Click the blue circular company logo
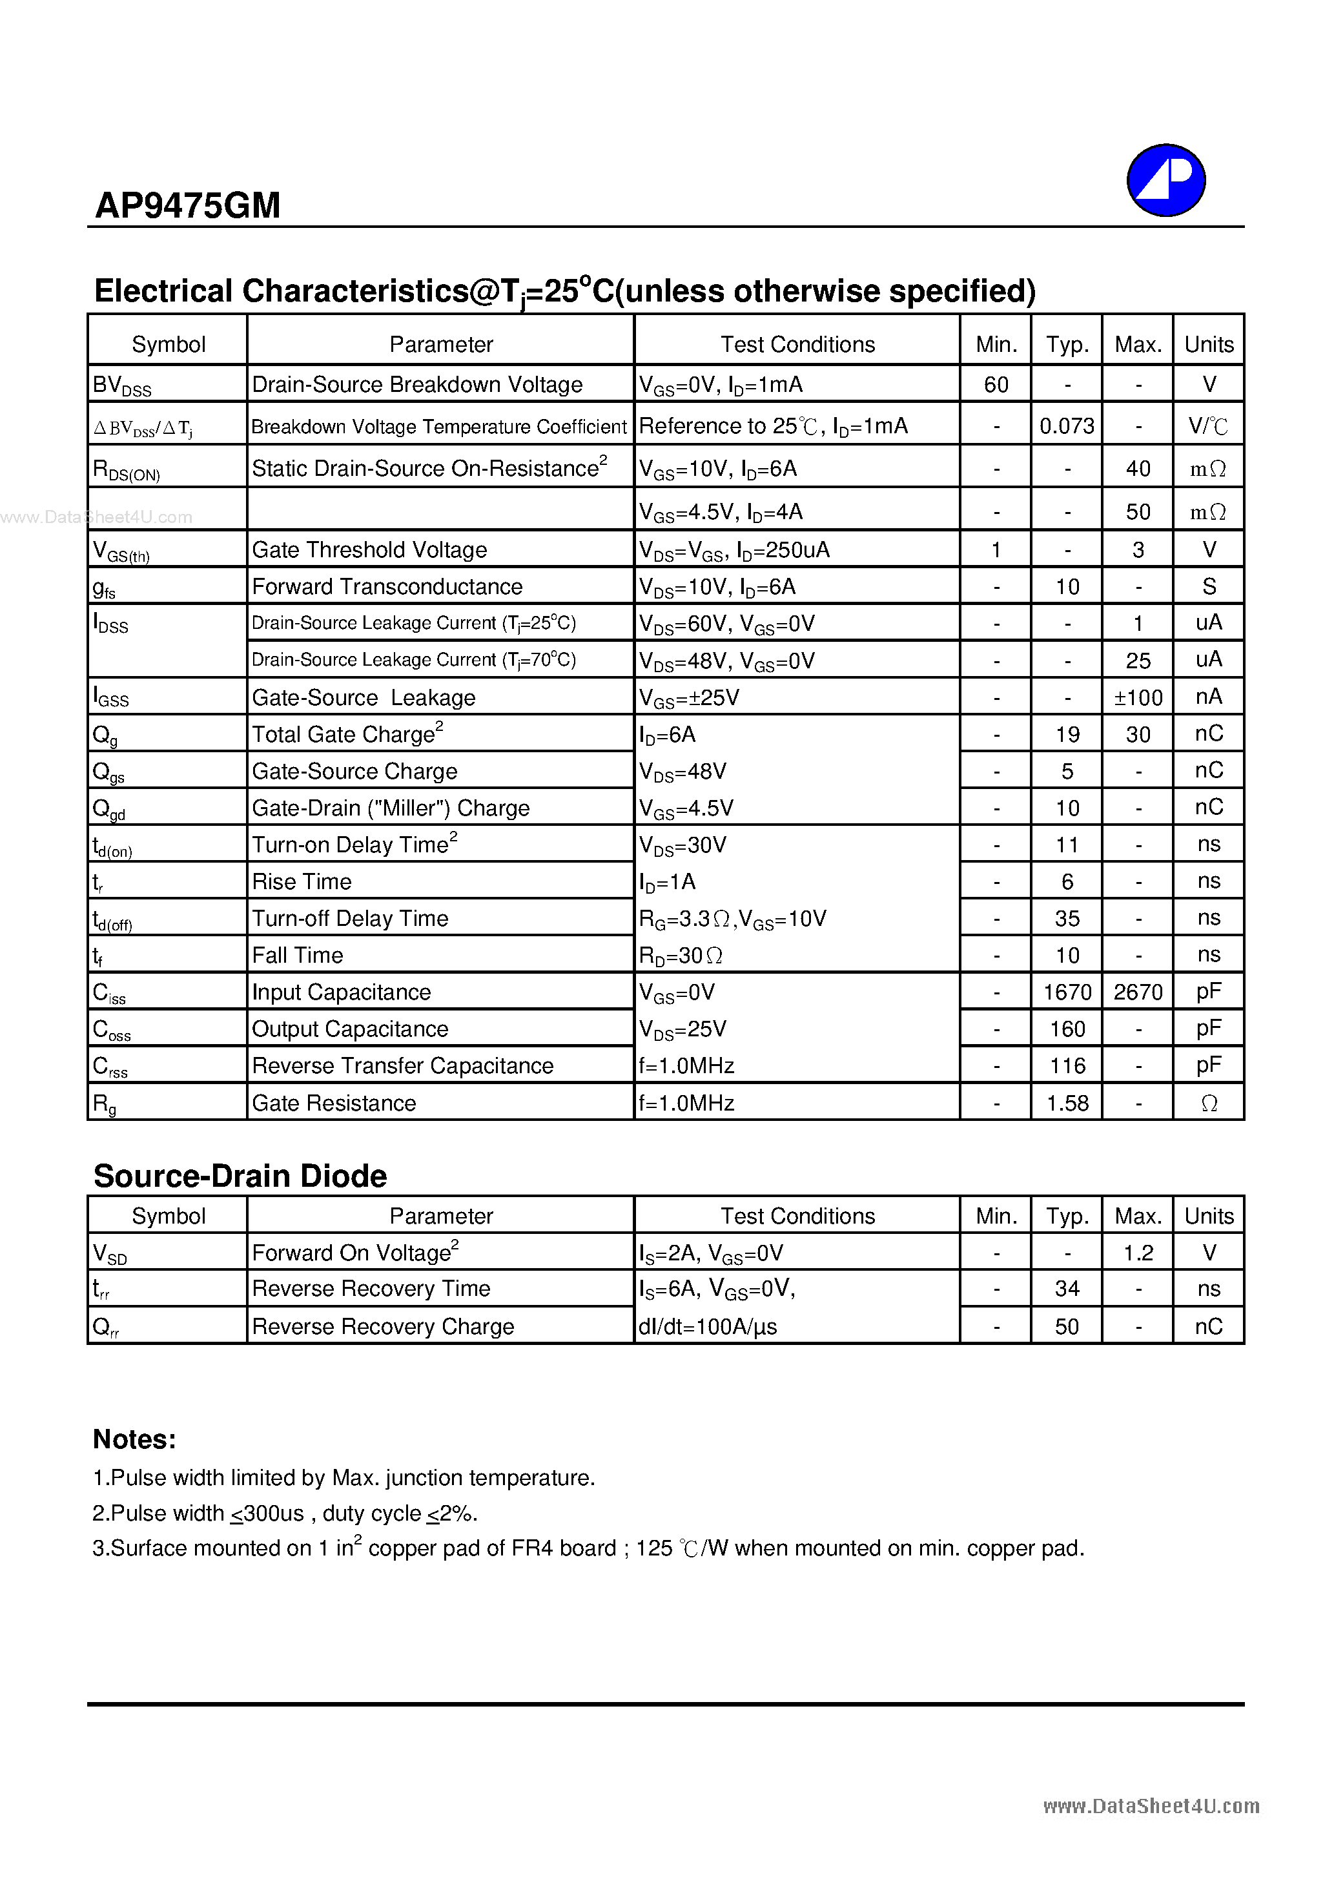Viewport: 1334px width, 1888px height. [1165, 180]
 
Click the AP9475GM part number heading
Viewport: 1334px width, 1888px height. [187, 205]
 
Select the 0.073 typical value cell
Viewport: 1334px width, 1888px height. [1067, 426]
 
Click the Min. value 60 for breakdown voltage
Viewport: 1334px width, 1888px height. [996, 385]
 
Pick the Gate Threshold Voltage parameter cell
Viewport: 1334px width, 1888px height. [369, 550]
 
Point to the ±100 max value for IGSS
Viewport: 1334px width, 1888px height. [1138, 698]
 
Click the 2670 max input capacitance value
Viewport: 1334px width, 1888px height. [1138, 992]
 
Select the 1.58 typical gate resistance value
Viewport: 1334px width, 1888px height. [1067, 1103]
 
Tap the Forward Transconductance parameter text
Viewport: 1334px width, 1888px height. [387, 587]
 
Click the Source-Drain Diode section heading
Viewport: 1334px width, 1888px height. [240, 1176]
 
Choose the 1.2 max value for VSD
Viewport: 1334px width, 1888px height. [1138, 1253]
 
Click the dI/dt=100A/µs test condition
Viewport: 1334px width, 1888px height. [707, 1326]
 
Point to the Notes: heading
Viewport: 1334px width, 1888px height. [134, 1440]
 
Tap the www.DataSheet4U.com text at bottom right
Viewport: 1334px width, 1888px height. [1151, 1806]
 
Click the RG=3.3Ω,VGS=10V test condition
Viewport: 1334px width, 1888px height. [732, 919]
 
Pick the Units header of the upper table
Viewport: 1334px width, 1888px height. [1208, 345]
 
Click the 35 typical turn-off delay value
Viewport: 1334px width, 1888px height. [1067, 919]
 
